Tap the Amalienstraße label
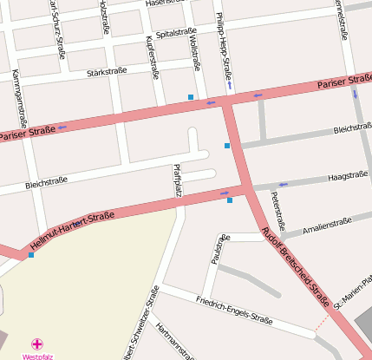pyautogui.click(x=328, y=226)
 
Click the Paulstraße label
pyautogui.click(x=219, y=249)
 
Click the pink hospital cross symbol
pyautogui.click(x=36, y=344)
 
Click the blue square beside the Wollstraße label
pyautogui.click(x=191, y=96)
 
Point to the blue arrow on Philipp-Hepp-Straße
pyautogui.click(x=230, y=84)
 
